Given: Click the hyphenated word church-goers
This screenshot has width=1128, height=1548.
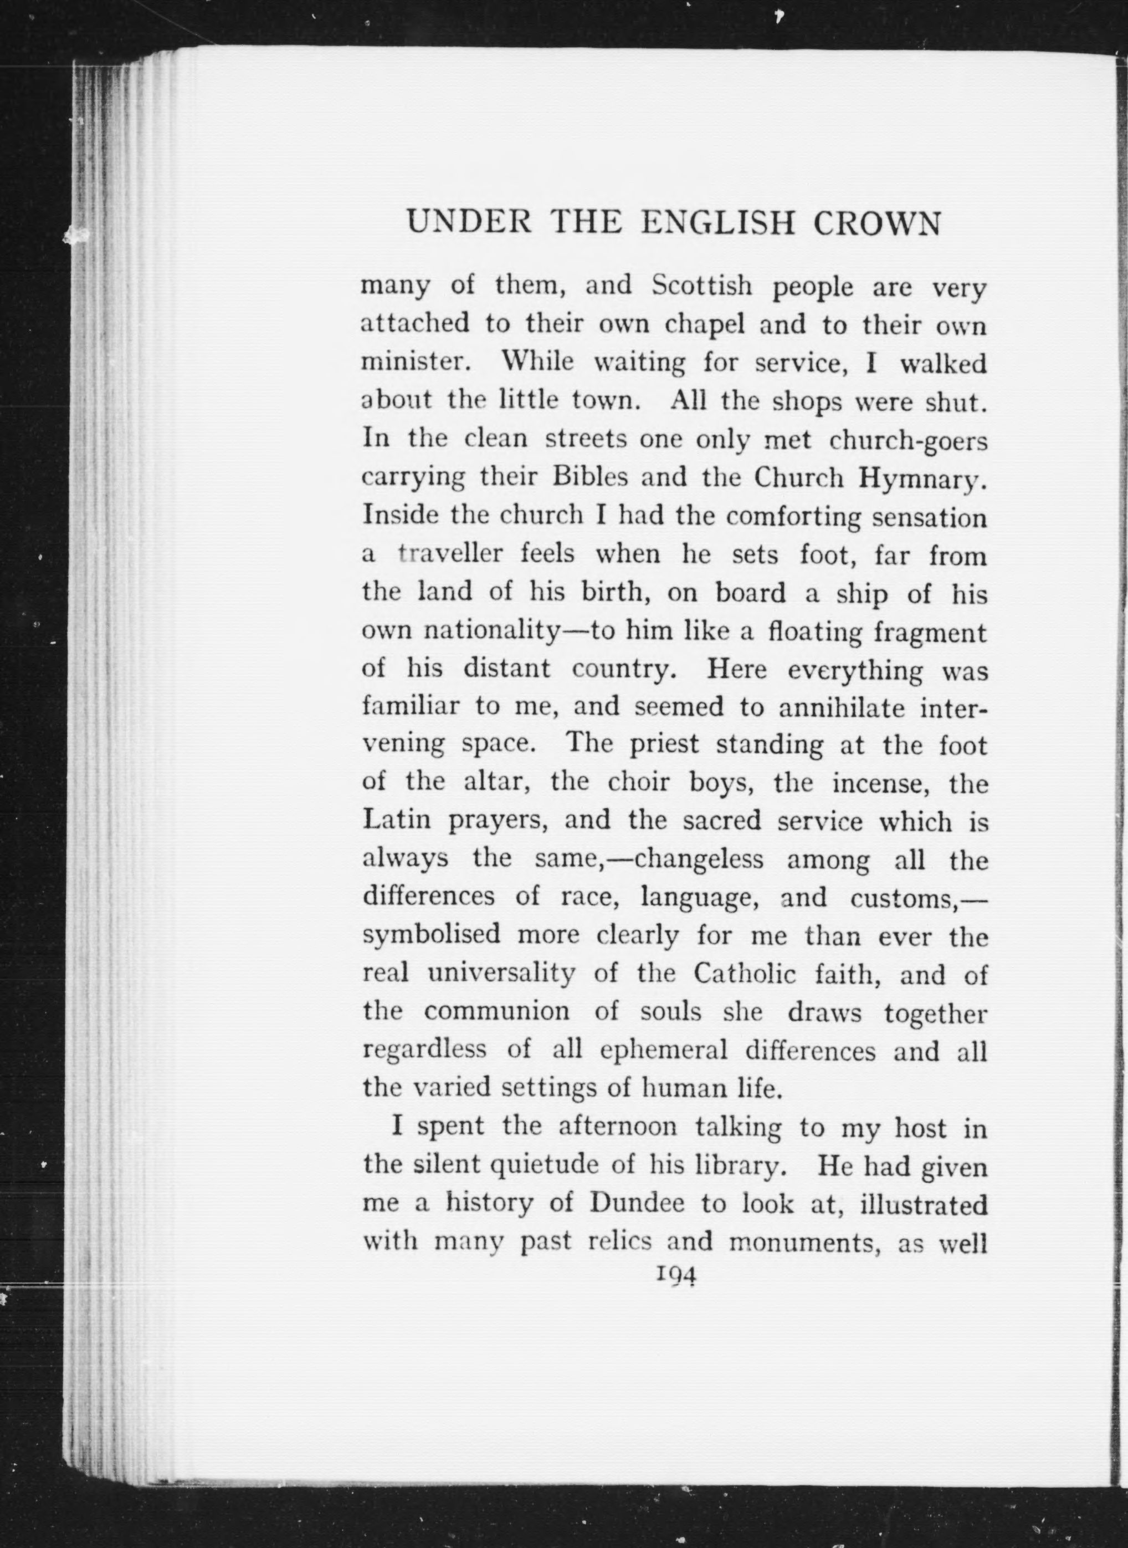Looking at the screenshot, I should [908, 441].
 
